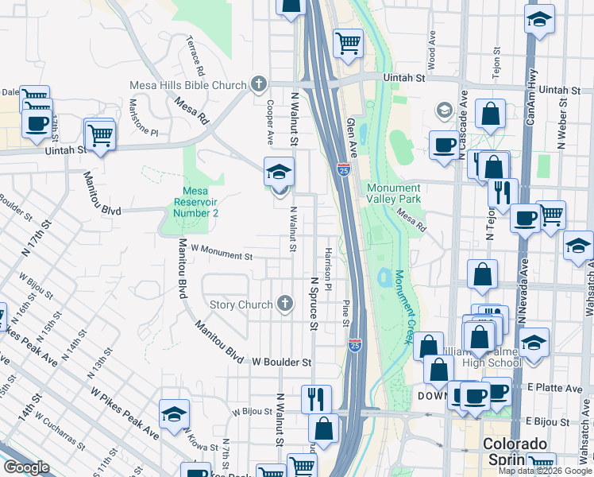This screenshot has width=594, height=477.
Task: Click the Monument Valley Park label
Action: coord(393,192)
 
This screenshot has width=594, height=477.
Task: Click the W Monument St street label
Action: coord(221,253)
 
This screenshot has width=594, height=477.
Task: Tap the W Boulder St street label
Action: coord(282,362)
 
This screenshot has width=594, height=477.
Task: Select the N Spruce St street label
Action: coord(314,304)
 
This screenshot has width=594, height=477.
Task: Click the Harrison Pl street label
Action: coord(327,267)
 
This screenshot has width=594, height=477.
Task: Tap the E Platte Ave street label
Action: coord(554,389)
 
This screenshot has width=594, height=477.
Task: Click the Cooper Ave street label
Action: coord(270,122)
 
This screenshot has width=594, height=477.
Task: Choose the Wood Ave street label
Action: coord(431,48)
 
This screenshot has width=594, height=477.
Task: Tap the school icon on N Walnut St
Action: coord(279,172)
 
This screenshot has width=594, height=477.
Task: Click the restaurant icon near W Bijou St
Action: coord(316,397)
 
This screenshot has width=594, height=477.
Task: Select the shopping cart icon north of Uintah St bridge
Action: coord(347,43)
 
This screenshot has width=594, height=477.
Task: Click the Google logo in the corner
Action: coord(26,467)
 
